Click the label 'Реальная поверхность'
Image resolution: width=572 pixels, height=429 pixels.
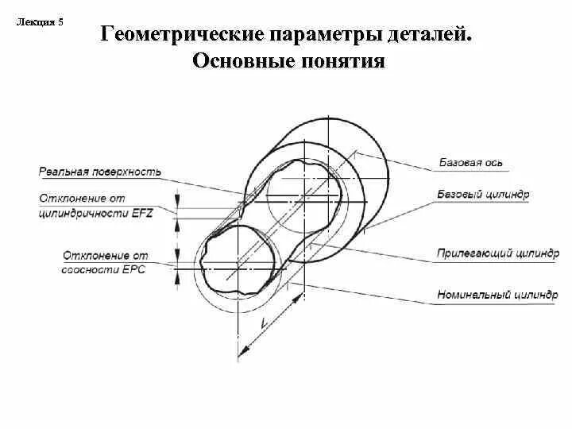point(99,171)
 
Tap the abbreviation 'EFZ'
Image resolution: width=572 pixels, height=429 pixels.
point(143,213)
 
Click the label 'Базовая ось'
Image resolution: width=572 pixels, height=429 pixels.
point(471,163)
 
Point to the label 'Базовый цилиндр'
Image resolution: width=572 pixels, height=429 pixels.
point(483,194)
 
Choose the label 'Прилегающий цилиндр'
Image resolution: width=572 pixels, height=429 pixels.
point(497,253)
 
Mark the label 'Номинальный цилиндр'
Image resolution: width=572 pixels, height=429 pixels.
point(497,294)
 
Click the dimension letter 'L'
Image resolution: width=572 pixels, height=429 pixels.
point(264,325)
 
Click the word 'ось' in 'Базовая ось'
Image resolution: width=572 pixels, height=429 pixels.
point(494,163)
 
